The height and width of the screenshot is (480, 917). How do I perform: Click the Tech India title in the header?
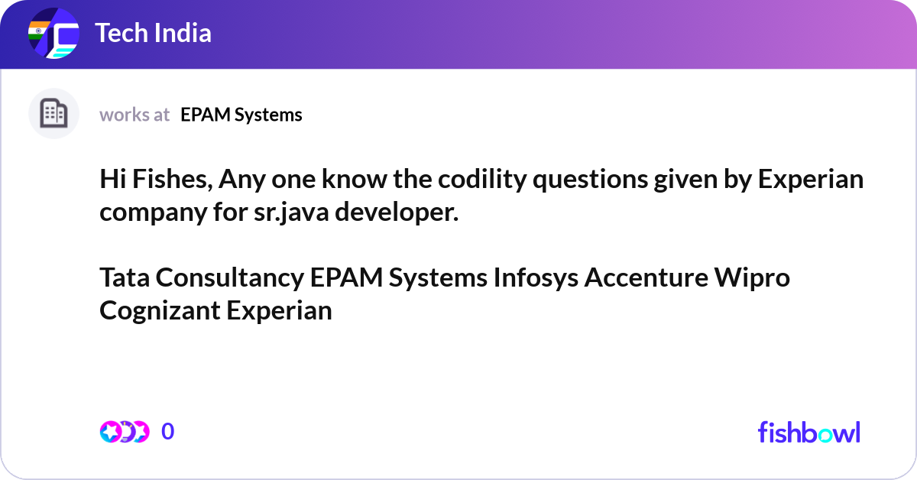[153, 33]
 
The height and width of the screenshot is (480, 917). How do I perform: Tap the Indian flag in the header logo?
[38, 31]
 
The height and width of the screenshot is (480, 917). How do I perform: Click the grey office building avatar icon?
[53, 113]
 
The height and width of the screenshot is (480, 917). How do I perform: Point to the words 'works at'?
[134, 115]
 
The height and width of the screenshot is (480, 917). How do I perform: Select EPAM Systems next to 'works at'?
[241, 115]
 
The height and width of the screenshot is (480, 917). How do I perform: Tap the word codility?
[482, 180]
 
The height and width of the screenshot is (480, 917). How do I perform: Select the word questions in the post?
[590, 180]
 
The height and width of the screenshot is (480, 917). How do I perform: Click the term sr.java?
[291, 213]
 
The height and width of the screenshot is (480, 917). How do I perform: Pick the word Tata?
[125, 277]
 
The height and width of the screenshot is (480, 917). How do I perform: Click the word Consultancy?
[230, 278]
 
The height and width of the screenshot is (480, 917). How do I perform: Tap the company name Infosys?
[536, 278]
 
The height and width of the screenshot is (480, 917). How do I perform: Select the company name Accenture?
[646, 277]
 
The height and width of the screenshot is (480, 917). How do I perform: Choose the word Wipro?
[752, 278]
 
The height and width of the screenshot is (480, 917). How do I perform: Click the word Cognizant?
[160, 311]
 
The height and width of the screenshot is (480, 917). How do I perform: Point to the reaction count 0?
[167, 431]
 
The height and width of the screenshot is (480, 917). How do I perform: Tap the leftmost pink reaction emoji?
[110, 432]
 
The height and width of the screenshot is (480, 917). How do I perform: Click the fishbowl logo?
[809, 432]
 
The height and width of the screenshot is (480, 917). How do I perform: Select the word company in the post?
[153, 213]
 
